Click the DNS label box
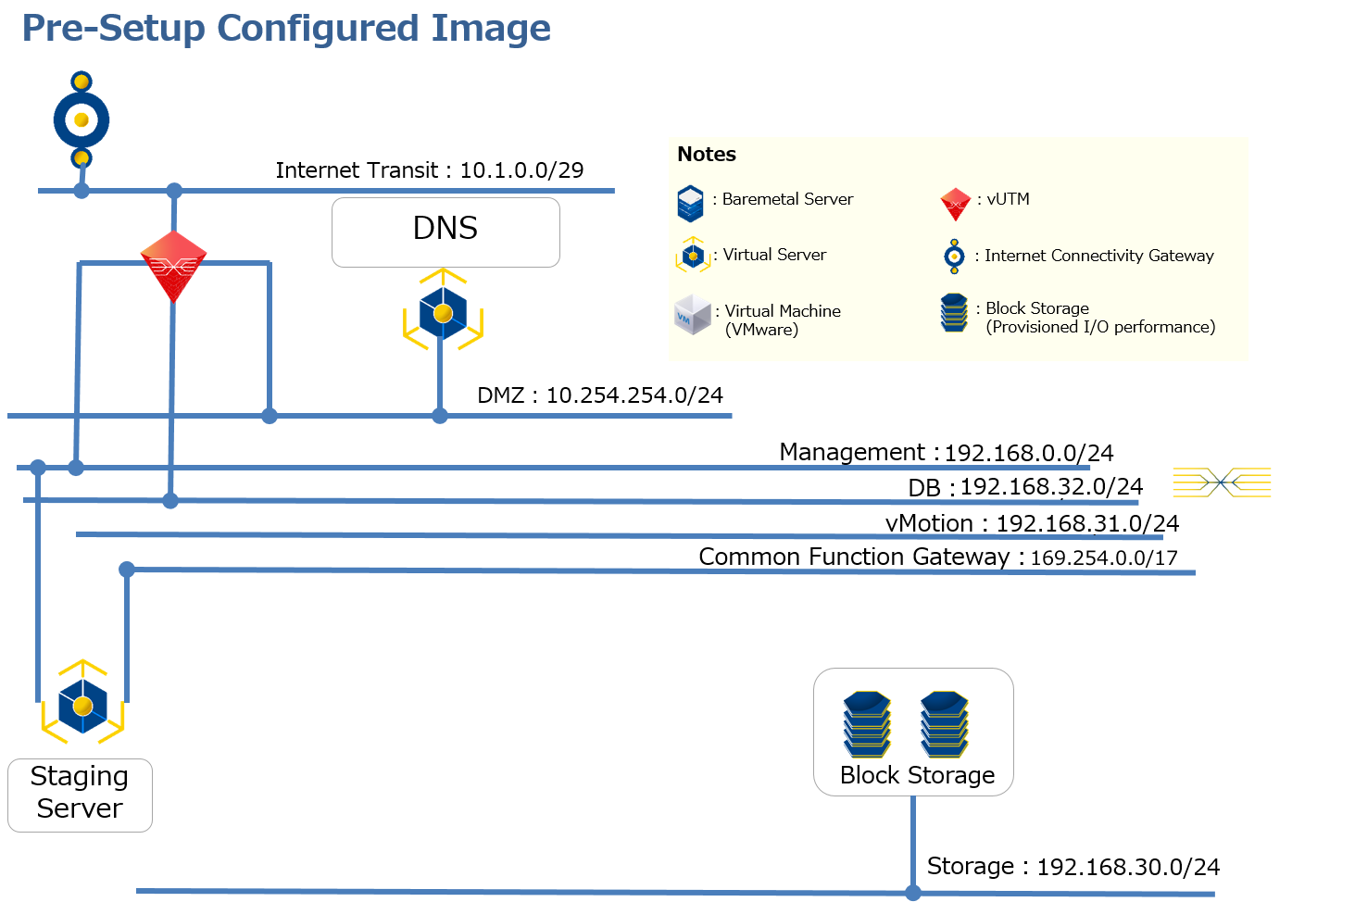coord(445,232)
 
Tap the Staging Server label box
coord(80,794)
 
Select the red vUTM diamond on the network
coord(173,266)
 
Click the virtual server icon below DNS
coord(443,312)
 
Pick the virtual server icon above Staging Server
coord(82,704)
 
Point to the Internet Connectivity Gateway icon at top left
coord(82,119)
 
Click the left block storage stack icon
coord(867,724)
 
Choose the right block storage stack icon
coord(944,724)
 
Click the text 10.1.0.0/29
coord(521,170)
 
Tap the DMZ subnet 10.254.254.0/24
coord(634,395)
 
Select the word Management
coord(851,452)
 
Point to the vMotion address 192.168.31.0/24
coord(1087,524)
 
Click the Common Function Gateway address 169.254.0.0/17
coord(1104,558)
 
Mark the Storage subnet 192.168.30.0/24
coord(1128,867)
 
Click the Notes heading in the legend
coord(707,155)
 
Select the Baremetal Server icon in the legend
coord(690,204)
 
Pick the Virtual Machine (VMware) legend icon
coord(692,315)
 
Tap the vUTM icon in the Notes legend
coord(955,204)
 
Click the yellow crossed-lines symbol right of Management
coord(1222,482)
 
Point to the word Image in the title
coord(491,29)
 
